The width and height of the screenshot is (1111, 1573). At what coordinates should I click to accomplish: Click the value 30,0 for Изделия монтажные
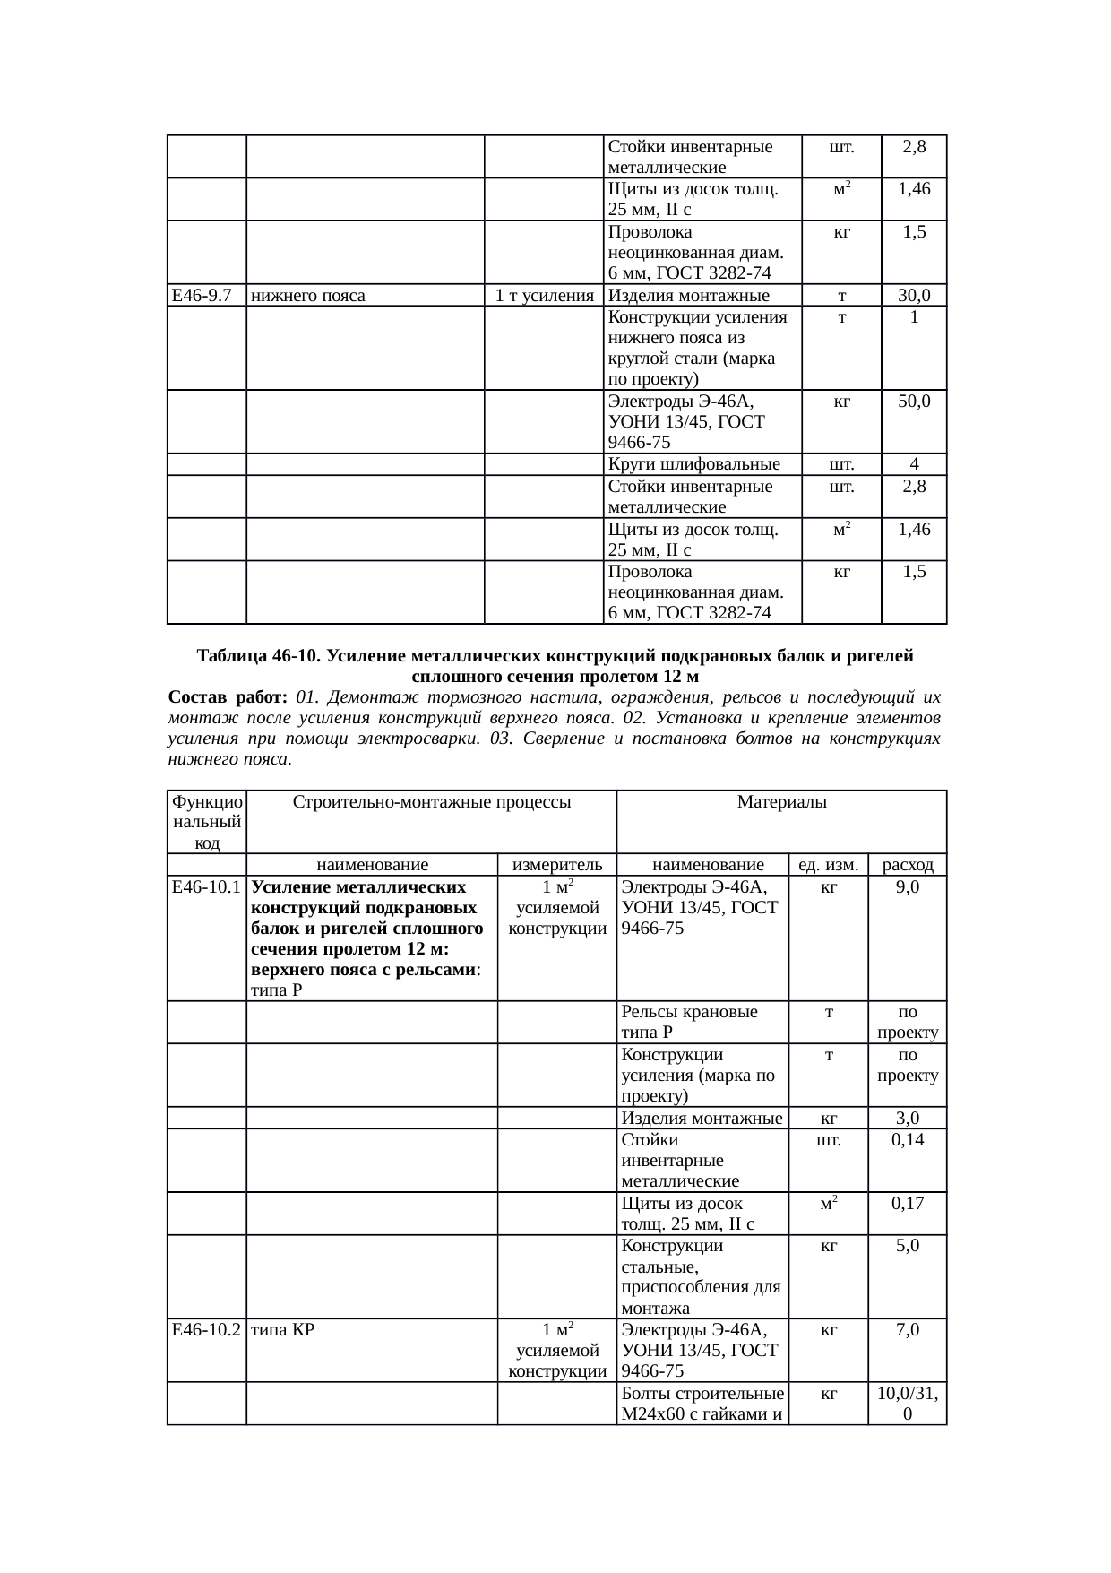point(914,296)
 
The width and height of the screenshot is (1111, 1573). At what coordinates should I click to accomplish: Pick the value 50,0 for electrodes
point(914,402)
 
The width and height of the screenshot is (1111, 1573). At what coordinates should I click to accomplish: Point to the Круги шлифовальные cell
point(693,464)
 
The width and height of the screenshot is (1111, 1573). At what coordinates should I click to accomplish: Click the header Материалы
point(781,802)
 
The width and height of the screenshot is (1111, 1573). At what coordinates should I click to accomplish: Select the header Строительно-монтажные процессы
point(432,802)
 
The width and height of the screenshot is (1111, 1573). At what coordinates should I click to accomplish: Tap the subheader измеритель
point(556,865)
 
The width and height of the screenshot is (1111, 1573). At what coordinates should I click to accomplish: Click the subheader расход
point(908,865)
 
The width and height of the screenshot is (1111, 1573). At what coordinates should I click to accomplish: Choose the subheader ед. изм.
point(829,865)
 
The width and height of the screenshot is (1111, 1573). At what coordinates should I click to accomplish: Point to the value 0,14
point(908,1140)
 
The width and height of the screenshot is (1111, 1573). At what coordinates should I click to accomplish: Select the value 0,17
point(908,1204)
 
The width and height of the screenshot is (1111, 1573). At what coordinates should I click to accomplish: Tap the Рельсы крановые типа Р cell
point(688,1022)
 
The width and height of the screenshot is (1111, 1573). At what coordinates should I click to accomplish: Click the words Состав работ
point(227,697)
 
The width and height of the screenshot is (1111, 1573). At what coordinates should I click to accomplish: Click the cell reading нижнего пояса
point(308,296)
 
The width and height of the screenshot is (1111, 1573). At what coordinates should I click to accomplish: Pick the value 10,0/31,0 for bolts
point(908,1404)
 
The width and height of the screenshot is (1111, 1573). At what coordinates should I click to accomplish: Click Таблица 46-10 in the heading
point(258,656)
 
